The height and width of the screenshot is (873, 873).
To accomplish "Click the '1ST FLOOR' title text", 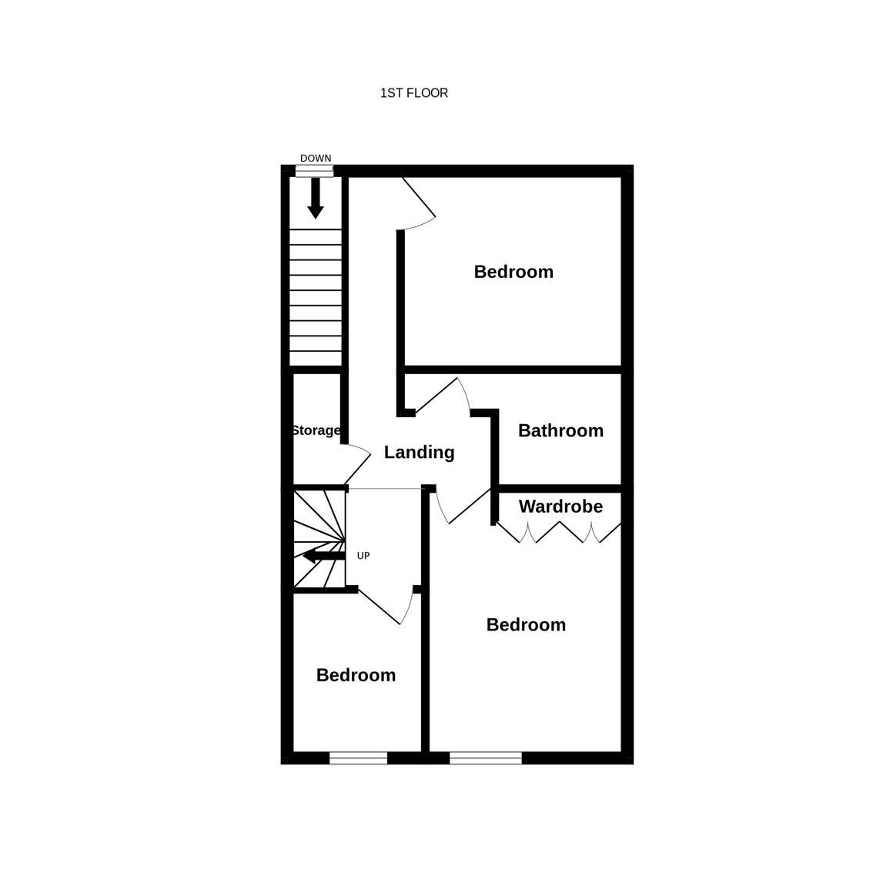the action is click(413, 93).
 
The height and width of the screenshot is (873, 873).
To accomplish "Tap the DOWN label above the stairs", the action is click(316, 158).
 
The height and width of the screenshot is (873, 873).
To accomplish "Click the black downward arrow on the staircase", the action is click(316, 198).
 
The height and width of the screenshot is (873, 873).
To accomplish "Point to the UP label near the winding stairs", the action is click(363, 556).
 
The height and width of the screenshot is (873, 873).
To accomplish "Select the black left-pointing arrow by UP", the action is click(323, 555).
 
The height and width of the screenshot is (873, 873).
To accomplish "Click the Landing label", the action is click(420, 452).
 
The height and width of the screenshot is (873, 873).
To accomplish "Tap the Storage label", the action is click(316, 430).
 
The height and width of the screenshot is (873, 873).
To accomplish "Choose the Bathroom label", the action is click(560, 430).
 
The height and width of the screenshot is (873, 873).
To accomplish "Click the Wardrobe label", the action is click(560, 506).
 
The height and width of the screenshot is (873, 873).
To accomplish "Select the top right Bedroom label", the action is click(513, 272).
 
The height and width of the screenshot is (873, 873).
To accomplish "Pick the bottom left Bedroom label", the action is click(356, 675).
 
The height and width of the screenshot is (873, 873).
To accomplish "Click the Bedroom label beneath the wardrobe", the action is click(526, 624).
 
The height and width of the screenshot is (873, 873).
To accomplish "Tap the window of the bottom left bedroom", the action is click(358, 758).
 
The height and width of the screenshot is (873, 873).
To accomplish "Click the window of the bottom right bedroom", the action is click(486, 758).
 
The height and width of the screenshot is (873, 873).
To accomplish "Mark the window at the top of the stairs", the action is click(314, 172).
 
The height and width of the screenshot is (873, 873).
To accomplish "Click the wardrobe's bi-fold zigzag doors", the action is click(558, 532).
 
